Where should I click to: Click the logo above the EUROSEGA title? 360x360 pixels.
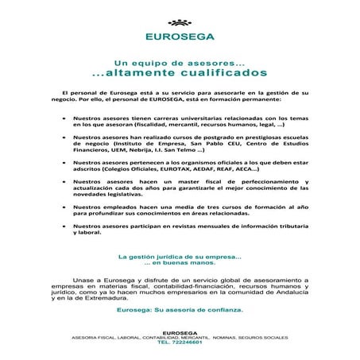[180, 21]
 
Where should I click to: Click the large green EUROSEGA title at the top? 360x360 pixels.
[180, 36]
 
